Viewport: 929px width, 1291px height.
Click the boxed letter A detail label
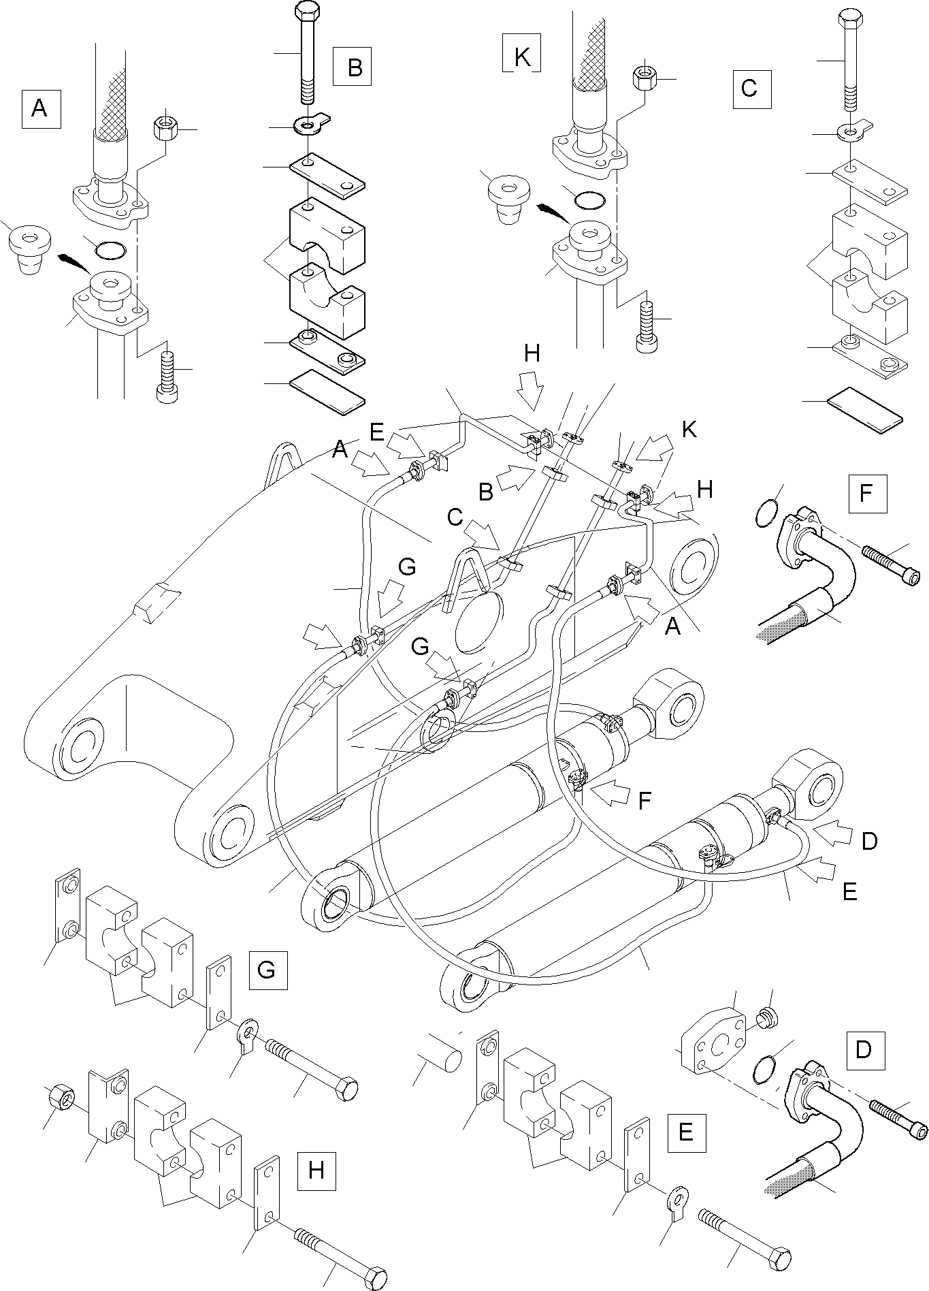(41, 108)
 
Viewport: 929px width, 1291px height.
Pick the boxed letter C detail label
(751, 89)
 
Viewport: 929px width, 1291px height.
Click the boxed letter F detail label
(867, 493)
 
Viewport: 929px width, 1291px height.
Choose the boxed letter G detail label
(267, 970)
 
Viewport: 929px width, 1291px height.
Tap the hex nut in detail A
(166, 127)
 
